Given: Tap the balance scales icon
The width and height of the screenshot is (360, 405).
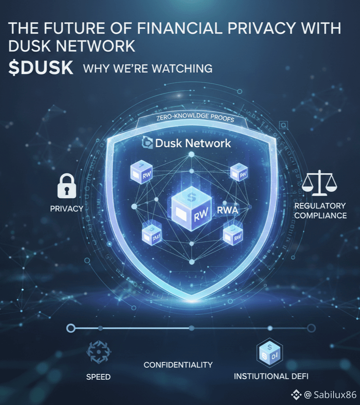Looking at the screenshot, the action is pos(320,183).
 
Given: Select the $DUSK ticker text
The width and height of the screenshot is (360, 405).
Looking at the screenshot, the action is pos(41,68).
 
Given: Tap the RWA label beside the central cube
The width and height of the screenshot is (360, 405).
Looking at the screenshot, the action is pos(228,210).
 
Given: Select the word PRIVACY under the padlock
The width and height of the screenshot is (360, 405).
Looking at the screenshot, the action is pos(67,208).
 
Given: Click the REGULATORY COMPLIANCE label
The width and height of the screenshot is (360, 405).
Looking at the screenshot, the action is pos(320,211).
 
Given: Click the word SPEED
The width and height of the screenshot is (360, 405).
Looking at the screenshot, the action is pos(99,377).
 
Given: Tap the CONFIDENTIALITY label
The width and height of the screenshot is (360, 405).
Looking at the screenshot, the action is pos(178,365).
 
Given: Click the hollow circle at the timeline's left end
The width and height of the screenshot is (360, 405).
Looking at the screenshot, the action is pos(71,328).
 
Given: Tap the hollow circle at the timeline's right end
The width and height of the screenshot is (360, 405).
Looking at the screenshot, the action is pos(311,328).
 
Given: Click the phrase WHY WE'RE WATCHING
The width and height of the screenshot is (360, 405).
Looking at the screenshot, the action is pos(148,69).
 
